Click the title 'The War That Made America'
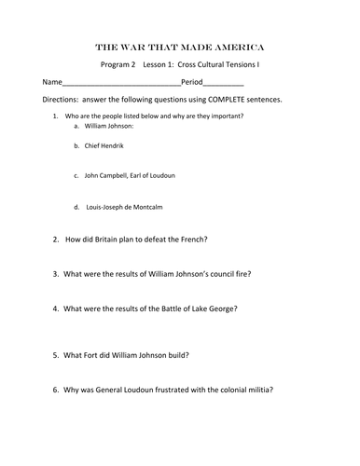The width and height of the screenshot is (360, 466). coord(179,46)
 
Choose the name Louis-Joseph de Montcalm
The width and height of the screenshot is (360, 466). coord(128,206)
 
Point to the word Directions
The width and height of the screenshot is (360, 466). coord(56,99)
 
